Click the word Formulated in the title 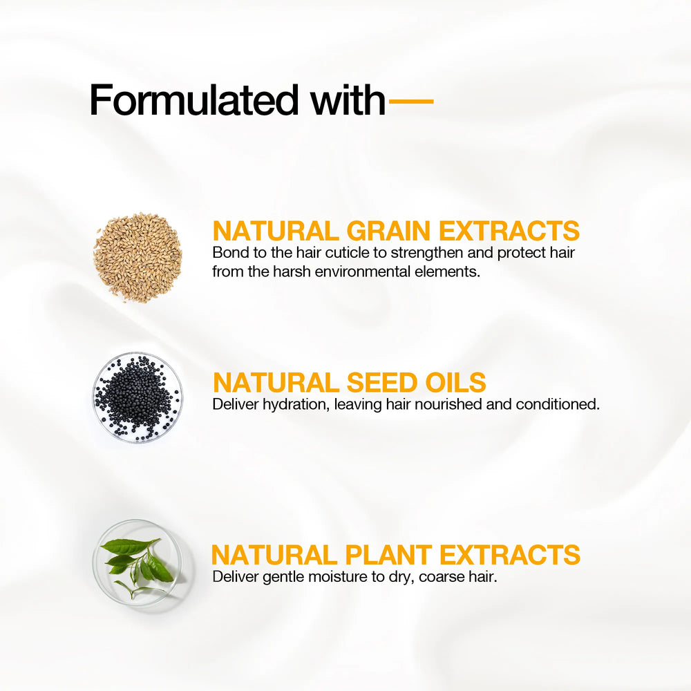point(194,100)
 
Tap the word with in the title point(348,100)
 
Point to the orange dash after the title point(411,101)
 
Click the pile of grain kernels point(138,257)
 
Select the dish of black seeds point(138,397)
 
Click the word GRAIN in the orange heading point(388,231)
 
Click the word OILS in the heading point(455,382)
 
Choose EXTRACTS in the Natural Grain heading point(509,231)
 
